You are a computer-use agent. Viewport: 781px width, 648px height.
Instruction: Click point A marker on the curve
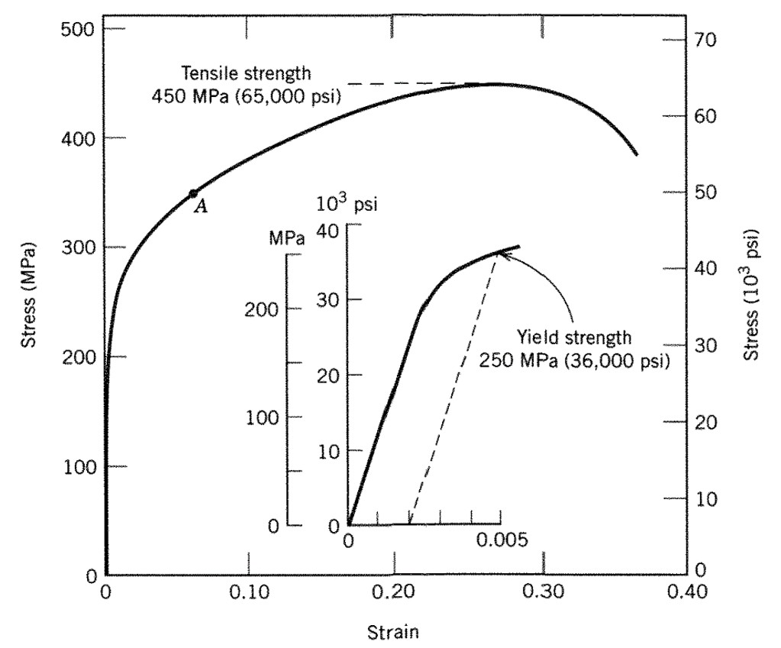193,194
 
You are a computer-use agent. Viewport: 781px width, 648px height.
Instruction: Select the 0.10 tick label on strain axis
249,593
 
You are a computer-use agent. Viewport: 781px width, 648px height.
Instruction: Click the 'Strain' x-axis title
393,632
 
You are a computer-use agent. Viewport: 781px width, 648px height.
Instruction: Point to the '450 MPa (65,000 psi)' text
246,96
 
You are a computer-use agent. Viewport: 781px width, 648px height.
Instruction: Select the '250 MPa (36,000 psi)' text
574,359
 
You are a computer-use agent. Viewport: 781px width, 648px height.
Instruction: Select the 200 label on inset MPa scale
263,310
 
